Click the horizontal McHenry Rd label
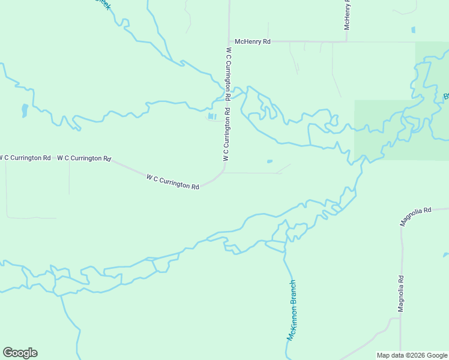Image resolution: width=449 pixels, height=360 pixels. tap(253, 41)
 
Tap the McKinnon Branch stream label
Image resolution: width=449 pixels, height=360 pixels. tap(292, 310)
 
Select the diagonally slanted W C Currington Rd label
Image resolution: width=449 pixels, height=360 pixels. tap(173, 181)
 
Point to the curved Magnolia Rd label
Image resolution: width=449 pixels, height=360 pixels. tap(416, 216)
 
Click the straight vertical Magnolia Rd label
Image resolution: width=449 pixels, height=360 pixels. tap(401, 293)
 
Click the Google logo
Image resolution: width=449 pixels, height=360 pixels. tap(20, 353)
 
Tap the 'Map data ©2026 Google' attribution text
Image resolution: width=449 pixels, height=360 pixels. tap(412, 355)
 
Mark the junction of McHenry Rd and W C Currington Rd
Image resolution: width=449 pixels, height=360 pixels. tap(229, 41)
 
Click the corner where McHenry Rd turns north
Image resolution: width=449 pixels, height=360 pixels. tap(346, 41)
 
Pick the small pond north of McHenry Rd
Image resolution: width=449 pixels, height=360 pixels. tap(414, 29)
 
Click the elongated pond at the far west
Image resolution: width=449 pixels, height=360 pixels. tap(24, 110)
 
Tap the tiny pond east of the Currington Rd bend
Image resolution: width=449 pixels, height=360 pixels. tap(270, 161)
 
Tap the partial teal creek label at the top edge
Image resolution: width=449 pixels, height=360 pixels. tap(104, 4)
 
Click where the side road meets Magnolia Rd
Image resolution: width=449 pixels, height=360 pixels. tap(400, 319)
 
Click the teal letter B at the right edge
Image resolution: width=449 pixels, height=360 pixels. tap(446, 97)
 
